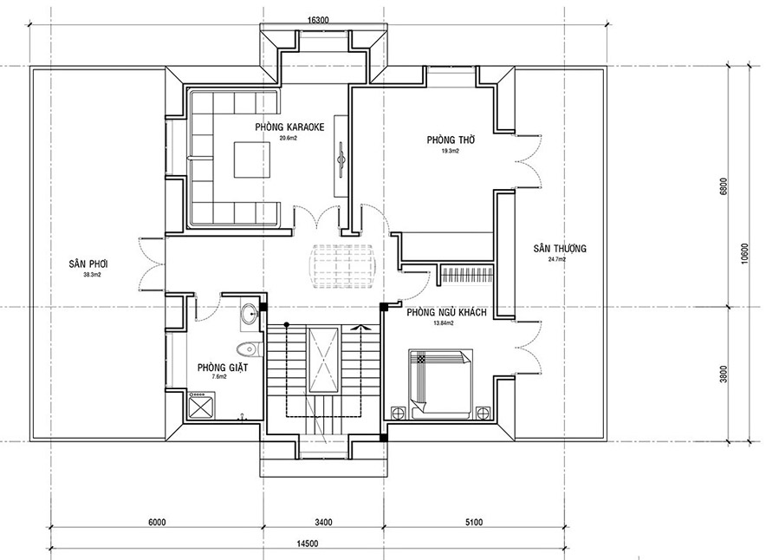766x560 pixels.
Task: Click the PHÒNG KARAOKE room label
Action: click(x=289, y=127)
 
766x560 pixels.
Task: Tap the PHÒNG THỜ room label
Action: click(x=448, y=140)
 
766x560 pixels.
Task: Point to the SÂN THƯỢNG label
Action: click(x=560, y=249)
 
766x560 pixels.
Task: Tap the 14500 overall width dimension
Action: click(x=306, y=544)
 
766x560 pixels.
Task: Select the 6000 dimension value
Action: click(x=157, y=523)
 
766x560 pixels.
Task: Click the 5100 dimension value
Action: click(x=472, y=523)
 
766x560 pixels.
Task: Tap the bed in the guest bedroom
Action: click(x=441, y=383)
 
